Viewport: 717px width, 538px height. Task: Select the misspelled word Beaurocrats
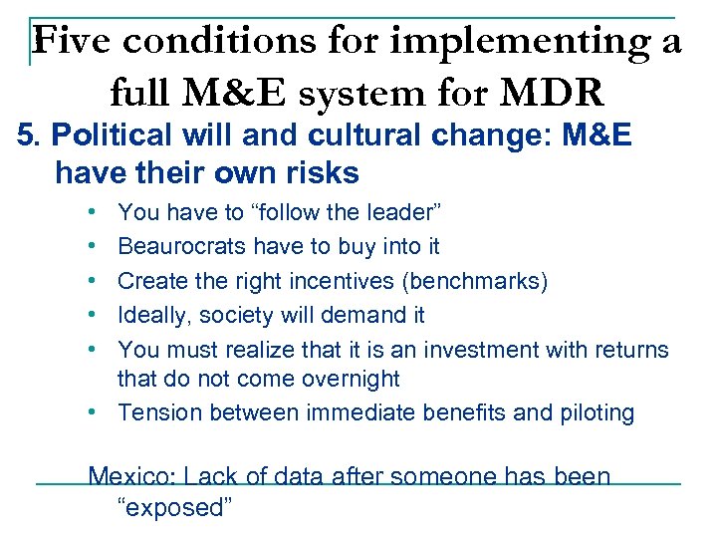(x=182, y=245)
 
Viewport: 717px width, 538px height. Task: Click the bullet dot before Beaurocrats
(x=91, y=246)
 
